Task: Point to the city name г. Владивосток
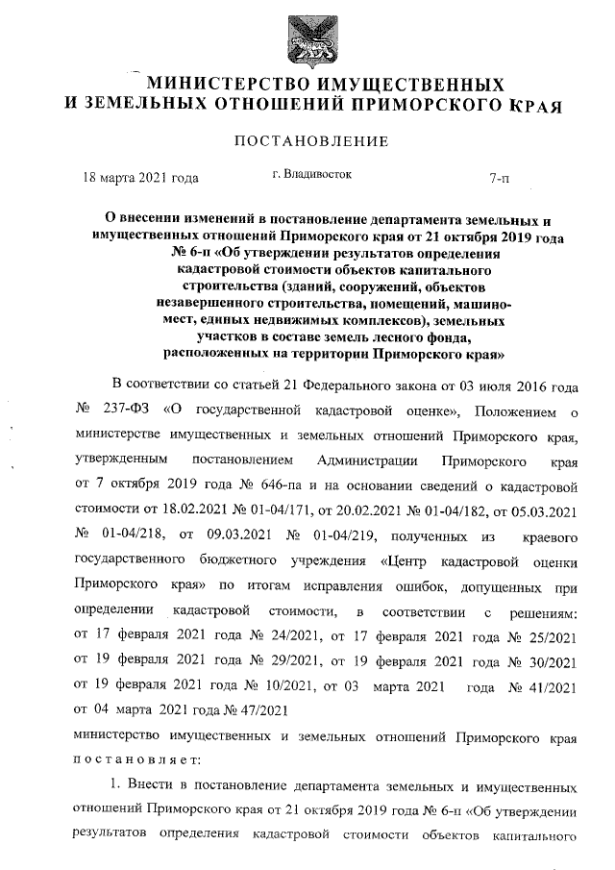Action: [312, 175]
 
